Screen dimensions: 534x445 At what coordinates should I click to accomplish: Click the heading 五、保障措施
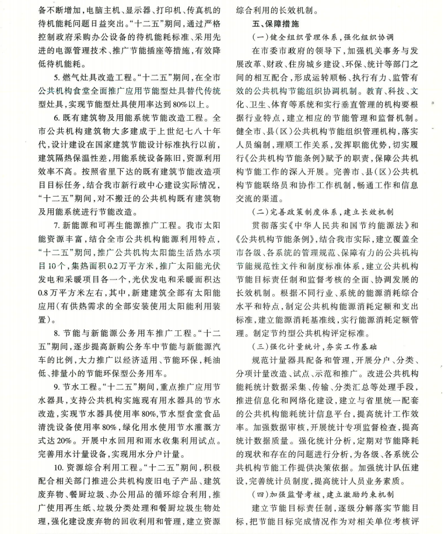point(274,25)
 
